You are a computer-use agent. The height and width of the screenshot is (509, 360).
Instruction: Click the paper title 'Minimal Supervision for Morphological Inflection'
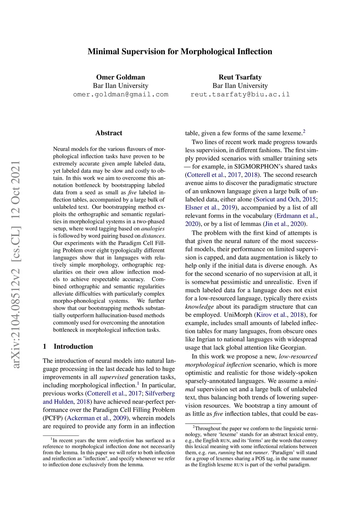point(180,52)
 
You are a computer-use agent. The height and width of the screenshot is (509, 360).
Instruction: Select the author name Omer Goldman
point(121,77)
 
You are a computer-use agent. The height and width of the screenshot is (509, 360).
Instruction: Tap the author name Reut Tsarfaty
point(240,77)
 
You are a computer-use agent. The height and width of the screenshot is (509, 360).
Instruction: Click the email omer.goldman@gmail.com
point(121,95)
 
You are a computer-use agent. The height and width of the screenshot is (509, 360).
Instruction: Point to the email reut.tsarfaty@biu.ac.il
point(240,95)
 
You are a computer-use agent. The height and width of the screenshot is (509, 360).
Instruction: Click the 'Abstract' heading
point(109,133)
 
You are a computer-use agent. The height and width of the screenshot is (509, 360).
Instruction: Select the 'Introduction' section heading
point(73,346)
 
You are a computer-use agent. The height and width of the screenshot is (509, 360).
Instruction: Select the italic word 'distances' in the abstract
point(153,236)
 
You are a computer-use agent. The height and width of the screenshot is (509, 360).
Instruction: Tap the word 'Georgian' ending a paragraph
point(293,347)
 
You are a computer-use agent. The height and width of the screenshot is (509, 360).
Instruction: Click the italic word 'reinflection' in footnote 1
point(121,440)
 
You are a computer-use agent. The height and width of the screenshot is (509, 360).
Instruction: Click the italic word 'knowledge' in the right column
point(199,307)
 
